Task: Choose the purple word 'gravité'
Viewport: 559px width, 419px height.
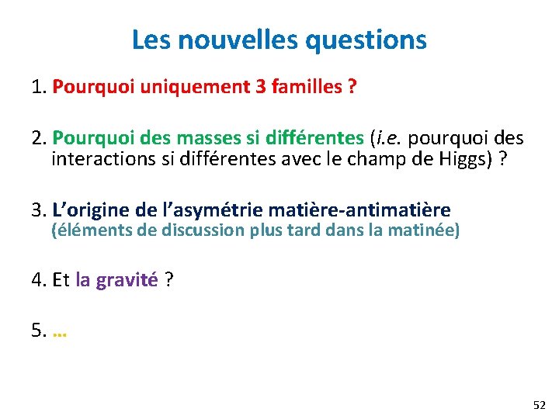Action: click(127, 280)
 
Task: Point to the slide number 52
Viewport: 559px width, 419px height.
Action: click(539, 405)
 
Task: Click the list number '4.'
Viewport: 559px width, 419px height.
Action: click(40, 280)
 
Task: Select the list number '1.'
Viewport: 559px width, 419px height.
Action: click(40, 88)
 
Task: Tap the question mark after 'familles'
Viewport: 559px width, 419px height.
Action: click(352, 87)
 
